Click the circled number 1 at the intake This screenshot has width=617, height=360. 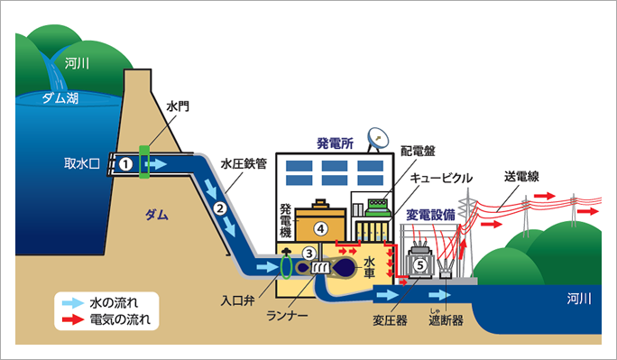(127, 164)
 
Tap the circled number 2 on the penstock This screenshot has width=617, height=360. (219, 209)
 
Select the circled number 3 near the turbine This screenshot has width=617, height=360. (309, 254)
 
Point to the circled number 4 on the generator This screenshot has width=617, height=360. (319, 227)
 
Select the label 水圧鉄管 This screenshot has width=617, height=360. (244, 164)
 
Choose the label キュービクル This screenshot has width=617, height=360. (441, 178)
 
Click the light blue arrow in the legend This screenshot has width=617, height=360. (68, 300)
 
